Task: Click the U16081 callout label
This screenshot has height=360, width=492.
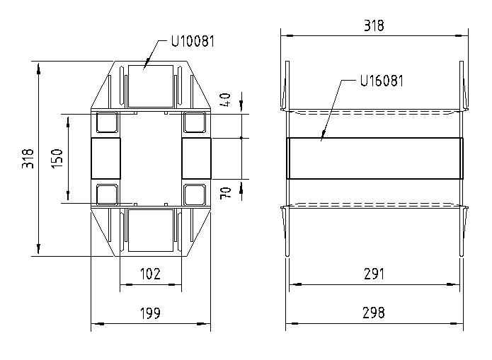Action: point(382,80)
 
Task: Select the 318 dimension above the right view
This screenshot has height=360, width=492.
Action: point(374,26)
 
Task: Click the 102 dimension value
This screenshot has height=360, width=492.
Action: point(150,274)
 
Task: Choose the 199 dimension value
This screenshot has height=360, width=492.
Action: point(150,313)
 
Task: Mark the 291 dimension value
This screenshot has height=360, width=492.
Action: point(374,274)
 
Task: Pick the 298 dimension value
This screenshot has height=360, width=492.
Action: point(374,313)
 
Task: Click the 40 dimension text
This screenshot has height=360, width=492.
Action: point(227,100)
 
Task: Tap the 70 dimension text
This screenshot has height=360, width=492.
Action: point(227,192)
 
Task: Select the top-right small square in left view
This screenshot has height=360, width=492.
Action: point(194,123)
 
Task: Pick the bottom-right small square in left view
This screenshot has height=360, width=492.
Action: point(194,194)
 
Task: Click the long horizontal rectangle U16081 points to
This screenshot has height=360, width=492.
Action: point(374,158)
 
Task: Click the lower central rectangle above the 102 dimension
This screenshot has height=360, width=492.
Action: point(150,230)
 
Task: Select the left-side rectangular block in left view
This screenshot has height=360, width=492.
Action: point(105,158)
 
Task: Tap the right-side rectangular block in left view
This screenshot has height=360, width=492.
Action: point(196,158)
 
